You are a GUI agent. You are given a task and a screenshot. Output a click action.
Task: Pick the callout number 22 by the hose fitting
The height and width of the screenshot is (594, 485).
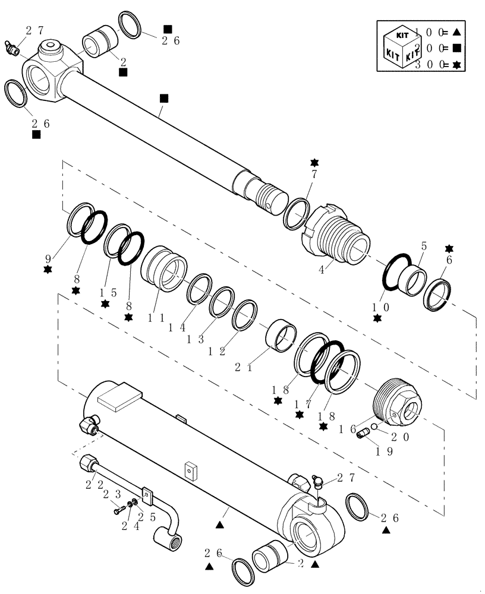tap(90, 484)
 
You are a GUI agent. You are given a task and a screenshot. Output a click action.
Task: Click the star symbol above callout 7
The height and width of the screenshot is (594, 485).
tap(314, 163)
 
